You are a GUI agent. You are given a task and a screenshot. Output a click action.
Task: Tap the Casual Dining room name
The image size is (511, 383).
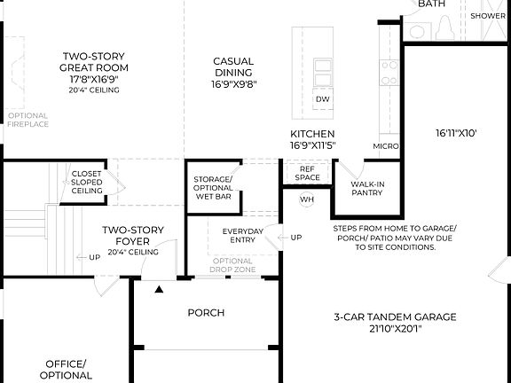pos(233,66)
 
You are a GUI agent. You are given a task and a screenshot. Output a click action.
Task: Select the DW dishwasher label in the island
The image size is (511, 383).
pos(322,98)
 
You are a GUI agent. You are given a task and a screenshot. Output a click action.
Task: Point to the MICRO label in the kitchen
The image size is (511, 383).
pos(385,145)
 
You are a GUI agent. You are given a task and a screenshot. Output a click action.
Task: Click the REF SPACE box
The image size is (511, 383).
pos(308,173)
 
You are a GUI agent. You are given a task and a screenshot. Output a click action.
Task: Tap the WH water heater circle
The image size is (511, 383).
pos(307,199)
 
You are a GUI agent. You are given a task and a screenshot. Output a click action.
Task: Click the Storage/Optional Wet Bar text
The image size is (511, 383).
pos(213,187)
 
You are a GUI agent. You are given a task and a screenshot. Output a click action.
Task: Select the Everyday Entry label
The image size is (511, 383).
pos(242,236)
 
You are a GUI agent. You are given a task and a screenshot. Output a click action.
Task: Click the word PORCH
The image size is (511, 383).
pos(206,312)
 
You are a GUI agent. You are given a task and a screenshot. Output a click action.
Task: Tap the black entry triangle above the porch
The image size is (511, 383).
pos(160,289)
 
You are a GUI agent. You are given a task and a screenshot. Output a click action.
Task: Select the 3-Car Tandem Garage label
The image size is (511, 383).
pos(395,317)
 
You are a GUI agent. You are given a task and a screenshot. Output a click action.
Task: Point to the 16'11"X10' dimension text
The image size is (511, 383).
pos(456,133)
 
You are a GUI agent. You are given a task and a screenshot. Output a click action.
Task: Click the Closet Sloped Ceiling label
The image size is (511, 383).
pos(87,183)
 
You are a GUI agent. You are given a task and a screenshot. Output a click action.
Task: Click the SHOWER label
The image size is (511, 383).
pos(488,15)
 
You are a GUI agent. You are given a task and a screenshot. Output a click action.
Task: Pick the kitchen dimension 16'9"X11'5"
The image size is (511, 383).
pos(312,145)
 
